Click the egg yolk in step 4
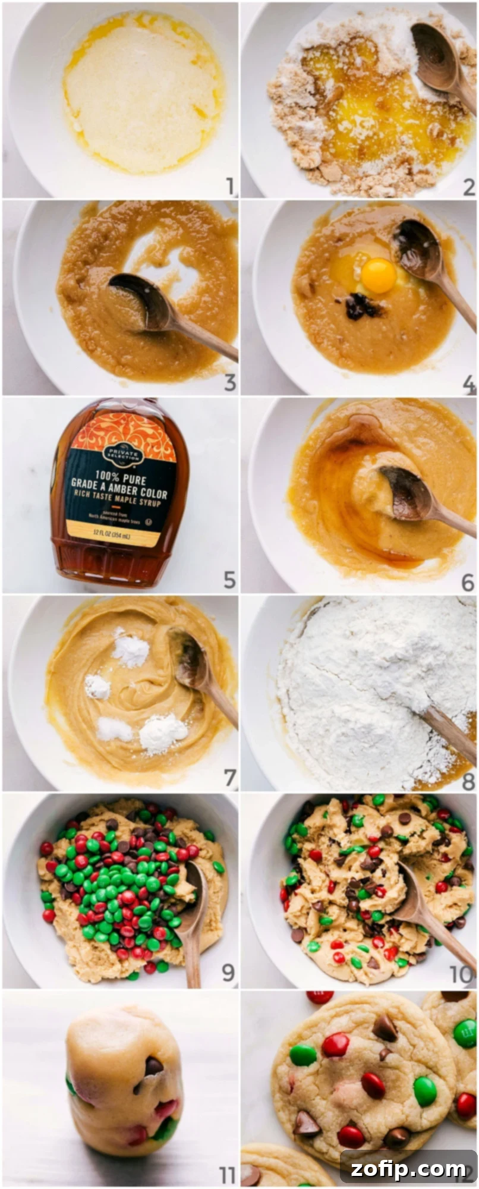click(379, 276)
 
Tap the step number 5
click(229, 580)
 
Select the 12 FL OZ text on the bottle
click(114, 536)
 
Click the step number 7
click(229, 778)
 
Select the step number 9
click(228, 973)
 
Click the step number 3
click(229, 383)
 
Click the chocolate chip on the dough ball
click(153, 1066)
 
